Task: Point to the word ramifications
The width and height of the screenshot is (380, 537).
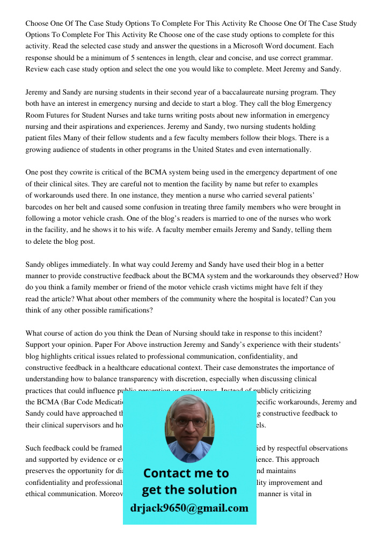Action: click(x=128, y=310)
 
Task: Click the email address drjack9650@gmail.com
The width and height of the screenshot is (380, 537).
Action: click(x=189, y=508)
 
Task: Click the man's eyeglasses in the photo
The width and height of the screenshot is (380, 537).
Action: click(x=189, y=422)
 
